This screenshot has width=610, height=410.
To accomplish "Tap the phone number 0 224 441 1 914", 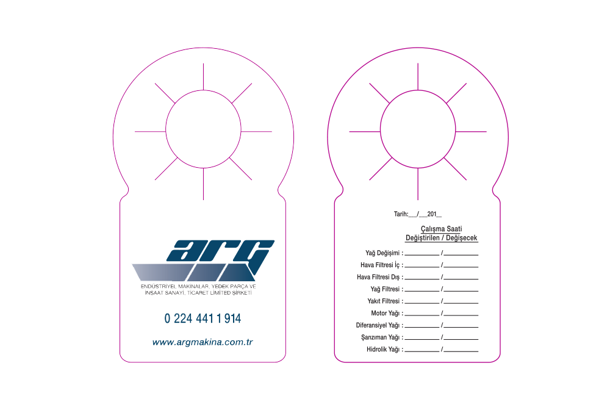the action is point(203,318).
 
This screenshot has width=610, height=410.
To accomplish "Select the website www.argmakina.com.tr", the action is point(203,342).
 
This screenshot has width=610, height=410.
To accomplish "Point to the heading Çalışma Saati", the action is point(441,229).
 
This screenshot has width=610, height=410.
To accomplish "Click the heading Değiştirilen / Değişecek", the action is point(441,238).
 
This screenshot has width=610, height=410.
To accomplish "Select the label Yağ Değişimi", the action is point(382,253).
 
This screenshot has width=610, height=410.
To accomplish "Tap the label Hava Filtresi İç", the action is point(380,265).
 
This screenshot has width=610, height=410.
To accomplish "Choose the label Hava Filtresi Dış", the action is point(378,277).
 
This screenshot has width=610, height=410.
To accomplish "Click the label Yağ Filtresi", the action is point(385,289).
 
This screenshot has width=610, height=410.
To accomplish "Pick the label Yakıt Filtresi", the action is point(384,301).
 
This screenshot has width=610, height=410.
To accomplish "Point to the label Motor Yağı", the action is point(385,313).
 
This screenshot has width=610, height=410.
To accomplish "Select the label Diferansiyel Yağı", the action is point(378,325).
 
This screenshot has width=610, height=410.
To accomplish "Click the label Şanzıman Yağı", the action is point(380,337).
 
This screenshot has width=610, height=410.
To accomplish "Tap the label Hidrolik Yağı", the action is point(383,350).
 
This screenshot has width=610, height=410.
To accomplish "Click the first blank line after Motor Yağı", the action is point(422,315).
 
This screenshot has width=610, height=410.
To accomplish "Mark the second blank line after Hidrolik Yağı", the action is point(461,351).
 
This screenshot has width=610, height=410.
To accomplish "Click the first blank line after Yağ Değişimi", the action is point(422,255).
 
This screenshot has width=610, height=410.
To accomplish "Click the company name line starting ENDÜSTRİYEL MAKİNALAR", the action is point(198,286).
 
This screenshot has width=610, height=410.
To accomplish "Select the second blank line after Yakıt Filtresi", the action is point(461,303).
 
